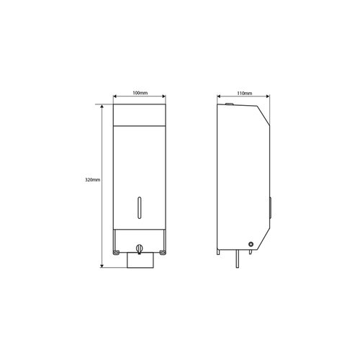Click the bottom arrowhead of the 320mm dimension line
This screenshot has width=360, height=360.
click(102, 266)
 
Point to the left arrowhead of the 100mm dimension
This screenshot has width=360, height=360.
click(115, 98)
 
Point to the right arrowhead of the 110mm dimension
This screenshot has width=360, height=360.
click(269, 98)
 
